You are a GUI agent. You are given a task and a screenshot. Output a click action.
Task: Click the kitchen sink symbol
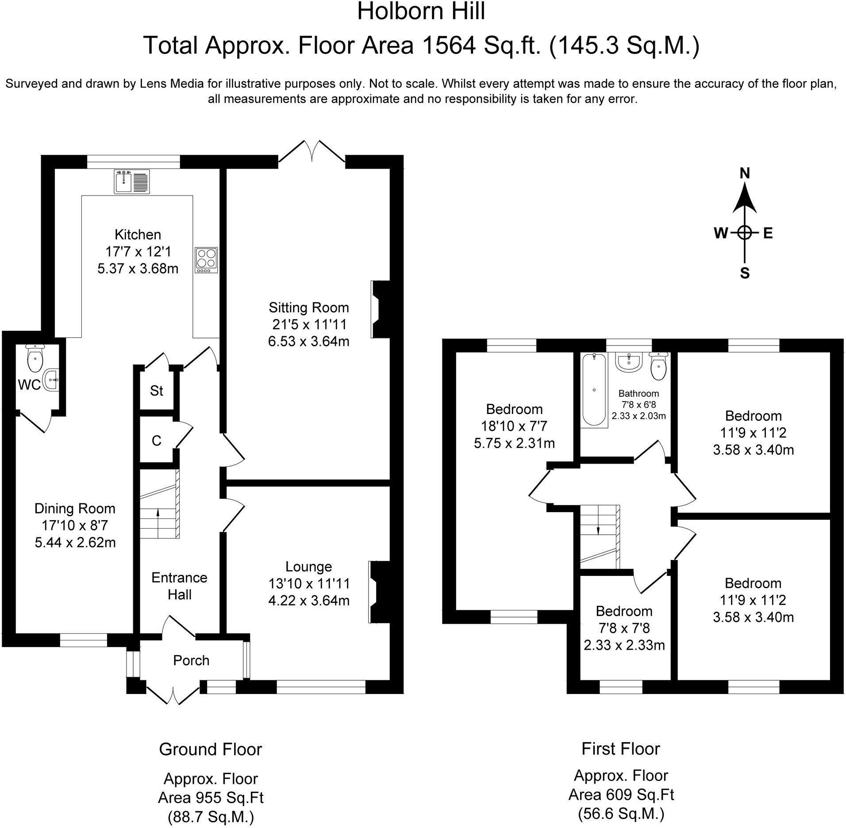tap(132, 181)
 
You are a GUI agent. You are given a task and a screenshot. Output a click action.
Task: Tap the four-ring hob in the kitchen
tap(207, 260)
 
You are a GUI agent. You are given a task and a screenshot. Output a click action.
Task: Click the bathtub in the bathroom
tap(594, 390)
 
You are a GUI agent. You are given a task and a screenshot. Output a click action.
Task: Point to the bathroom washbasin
tap(629, 362)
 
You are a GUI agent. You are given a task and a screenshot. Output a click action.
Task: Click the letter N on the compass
tap(745, 174)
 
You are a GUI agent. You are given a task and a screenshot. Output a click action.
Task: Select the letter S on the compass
tap(745, 273)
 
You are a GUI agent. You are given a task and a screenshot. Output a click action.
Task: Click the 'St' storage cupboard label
tap(157, 391)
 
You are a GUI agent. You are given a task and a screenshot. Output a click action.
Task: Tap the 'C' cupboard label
tap(157, 441)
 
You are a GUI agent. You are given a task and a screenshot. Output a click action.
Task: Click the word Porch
tap(191, 660)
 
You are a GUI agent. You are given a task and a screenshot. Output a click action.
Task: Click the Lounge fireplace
tap(378, 592)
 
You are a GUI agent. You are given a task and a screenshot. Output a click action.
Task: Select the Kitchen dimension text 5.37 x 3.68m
tap(138, 268)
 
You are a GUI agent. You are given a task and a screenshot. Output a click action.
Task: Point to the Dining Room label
tap(75, 508)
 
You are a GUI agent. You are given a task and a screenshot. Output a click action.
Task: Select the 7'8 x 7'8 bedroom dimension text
tap(624, 628)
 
